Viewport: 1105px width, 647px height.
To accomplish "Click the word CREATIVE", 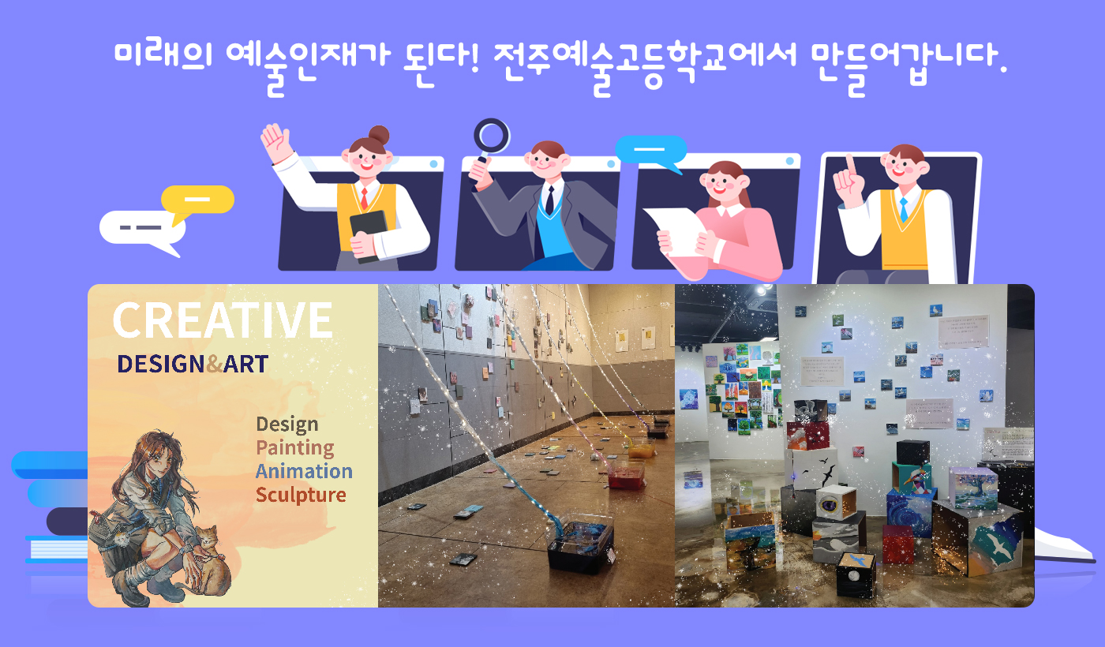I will click(x=222, y=320).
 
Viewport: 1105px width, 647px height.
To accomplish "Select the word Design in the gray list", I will click(x=287, y=424).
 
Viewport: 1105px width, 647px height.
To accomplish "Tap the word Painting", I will click(x=294, y=448).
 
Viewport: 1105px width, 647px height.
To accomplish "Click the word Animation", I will click(x=303, y=471).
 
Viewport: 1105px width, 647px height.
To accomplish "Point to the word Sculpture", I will click(x=300, y=495).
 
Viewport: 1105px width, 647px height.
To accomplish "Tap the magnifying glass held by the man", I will click(x=491, y=136).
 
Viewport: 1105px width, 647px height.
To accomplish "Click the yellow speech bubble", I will click(x=198, y=200).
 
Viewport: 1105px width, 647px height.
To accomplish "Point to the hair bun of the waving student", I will click(x=379, y=134).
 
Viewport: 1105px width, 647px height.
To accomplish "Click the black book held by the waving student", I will click(x=369, y=233).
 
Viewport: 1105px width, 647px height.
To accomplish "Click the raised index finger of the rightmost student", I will click(x=850, y=165).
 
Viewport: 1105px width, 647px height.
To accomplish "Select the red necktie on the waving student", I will click(x=364, y=197).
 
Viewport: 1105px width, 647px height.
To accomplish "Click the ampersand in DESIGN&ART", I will click(x=214, y=364).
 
